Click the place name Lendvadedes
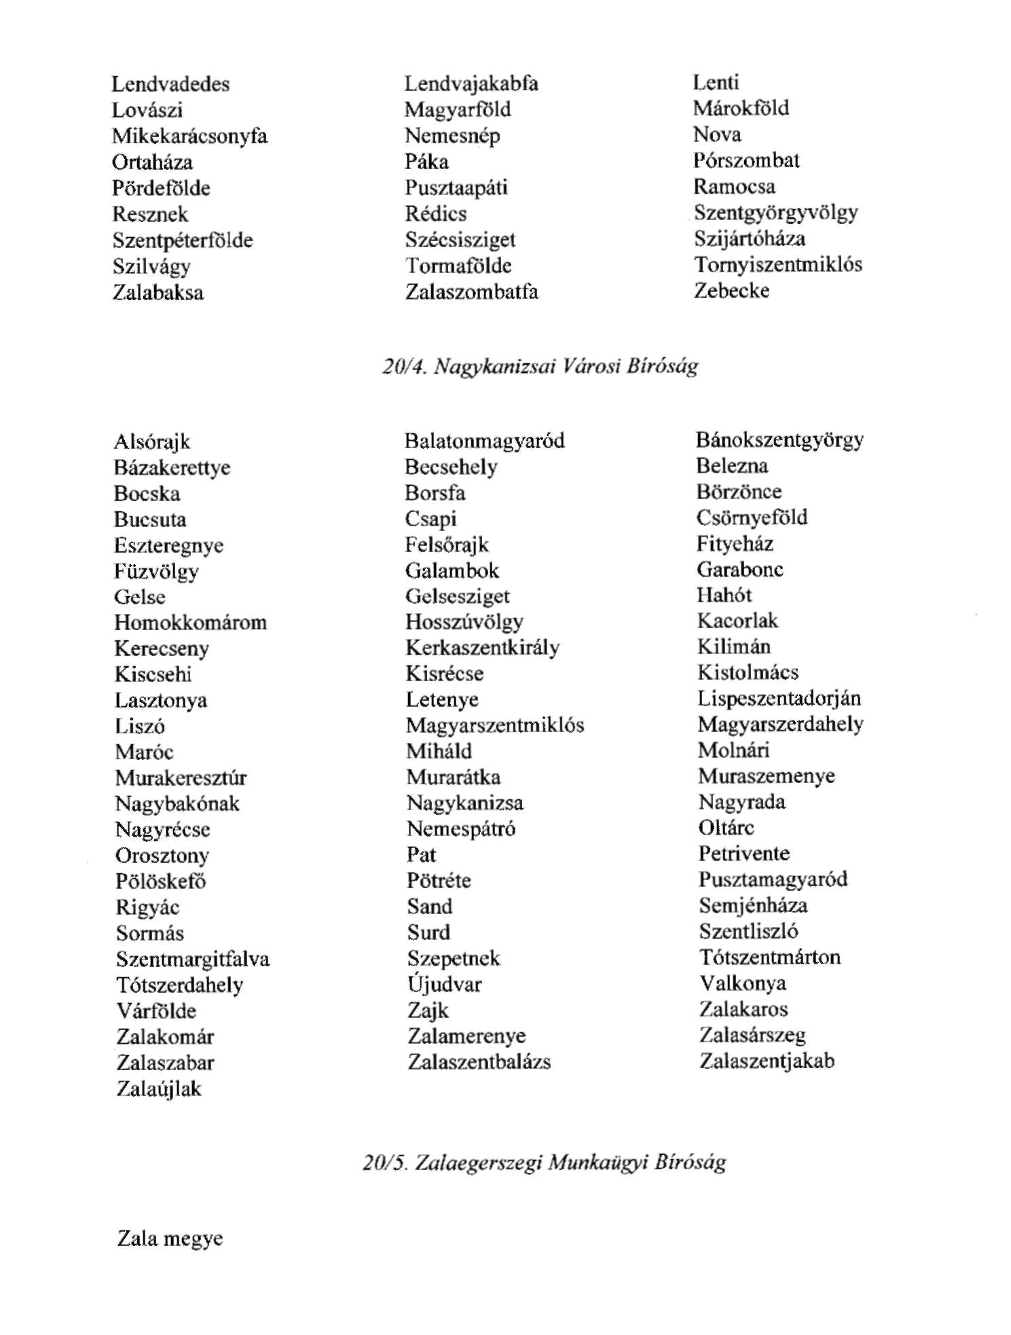170,84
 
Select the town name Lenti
716,83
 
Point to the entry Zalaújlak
159,1089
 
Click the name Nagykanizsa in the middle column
465,803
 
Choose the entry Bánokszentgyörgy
779,440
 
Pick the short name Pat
421,855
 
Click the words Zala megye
170,1239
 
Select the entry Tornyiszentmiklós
777,265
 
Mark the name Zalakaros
743,1010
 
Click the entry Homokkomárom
190,623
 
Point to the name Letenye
442,699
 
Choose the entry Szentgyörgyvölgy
775,213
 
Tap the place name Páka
426,162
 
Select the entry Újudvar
444,984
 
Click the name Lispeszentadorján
779,699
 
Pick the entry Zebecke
731,291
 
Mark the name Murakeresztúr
181,778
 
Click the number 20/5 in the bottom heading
384,1163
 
